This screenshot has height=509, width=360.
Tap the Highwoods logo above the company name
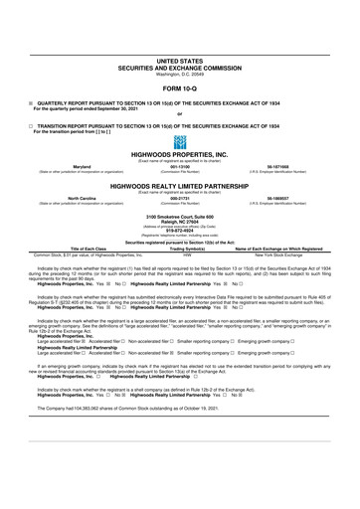tap(180, 141)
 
